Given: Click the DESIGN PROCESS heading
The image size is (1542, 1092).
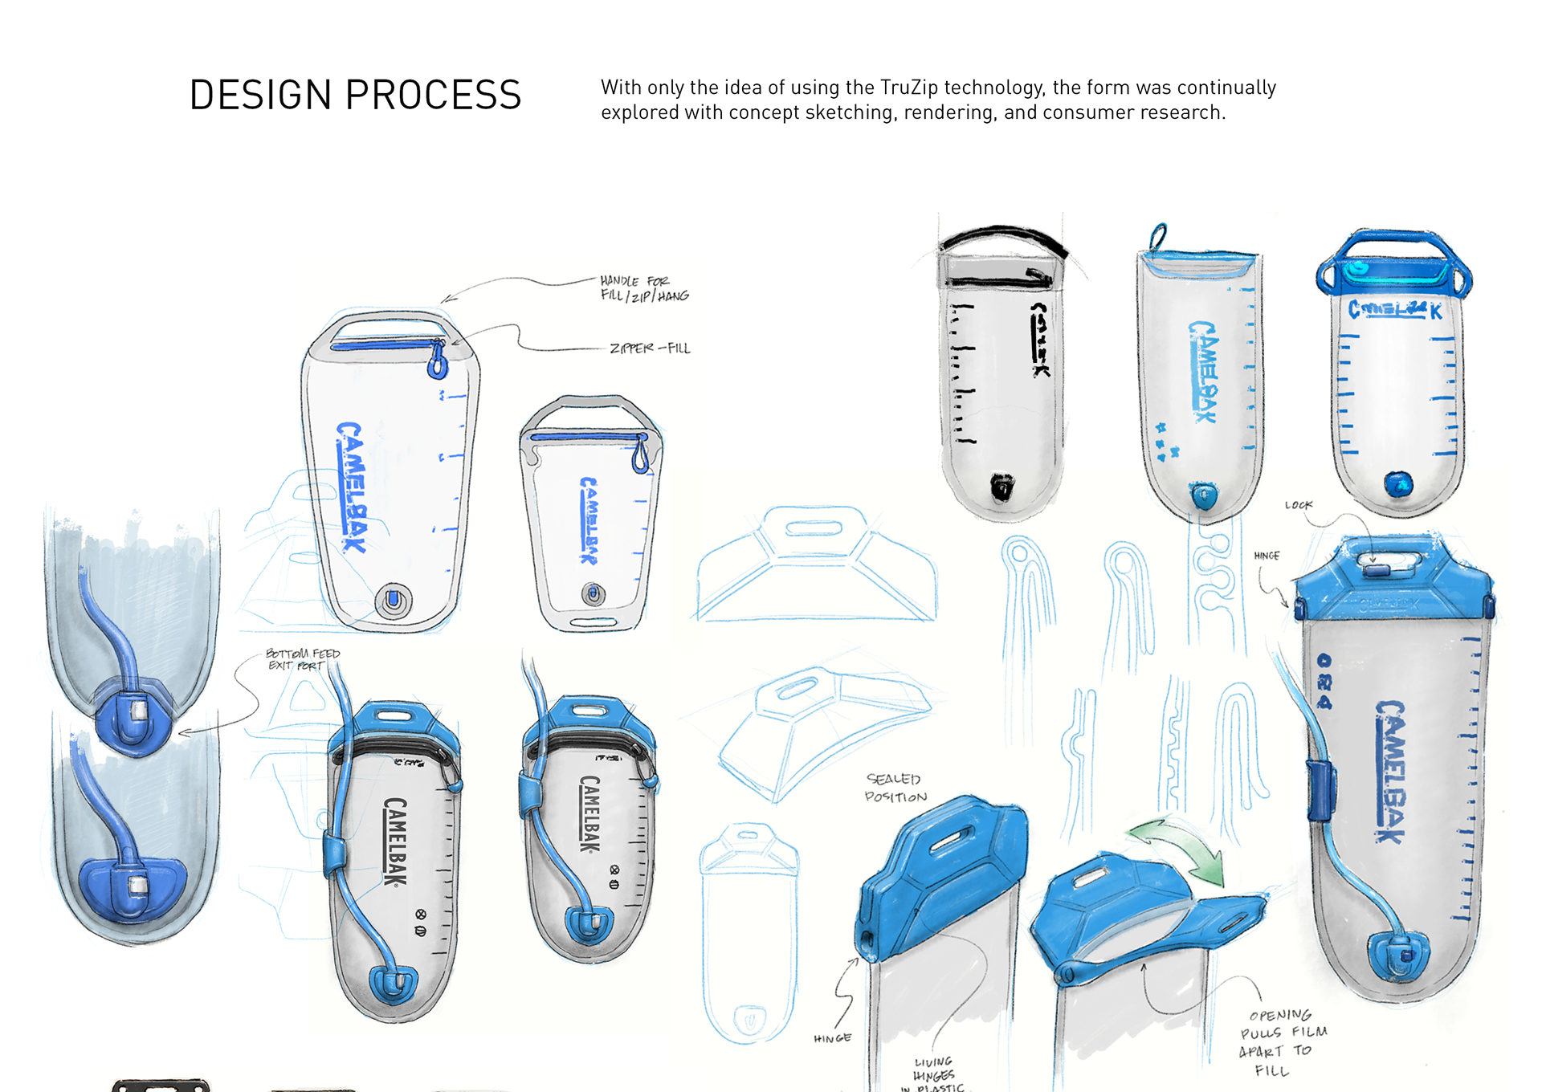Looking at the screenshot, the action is (x=355, y=96).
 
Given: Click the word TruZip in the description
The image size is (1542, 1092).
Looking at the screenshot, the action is (x=908, y=88).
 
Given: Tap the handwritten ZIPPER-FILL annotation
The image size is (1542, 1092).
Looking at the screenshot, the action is (x=650, y=348).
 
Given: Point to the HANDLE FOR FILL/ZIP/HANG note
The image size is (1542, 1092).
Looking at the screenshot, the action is (x=644, y=288).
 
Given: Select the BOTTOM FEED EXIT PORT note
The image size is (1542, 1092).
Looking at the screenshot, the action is (x=303, y=659).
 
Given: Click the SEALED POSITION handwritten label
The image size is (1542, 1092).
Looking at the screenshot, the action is (x=895, y=788).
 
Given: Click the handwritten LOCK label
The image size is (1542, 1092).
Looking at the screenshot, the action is (x=1298, y=505).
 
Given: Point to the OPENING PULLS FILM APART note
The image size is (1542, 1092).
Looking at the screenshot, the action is (x=1282, y=1041).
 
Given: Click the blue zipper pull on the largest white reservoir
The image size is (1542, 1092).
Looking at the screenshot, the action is (x=438, y=361).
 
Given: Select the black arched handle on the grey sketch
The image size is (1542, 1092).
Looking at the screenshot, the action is (x=1004, y=236).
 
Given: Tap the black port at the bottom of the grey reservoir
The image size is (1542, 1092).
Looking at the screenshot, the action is (x=1001, y=487).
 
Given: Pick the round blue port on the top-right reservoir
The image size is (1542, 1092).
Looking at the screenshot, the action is (x=1398, y=484).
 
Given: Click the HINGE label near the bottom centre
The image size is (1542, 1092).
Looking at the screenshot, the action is (x=832, y=1038).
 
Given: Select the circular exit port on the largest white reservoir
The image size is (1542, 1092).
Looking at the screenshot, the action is (x=394, y=599).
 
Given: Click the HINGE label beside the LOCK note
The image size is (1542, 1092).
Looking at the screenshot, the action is (x=1267, y=556).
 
